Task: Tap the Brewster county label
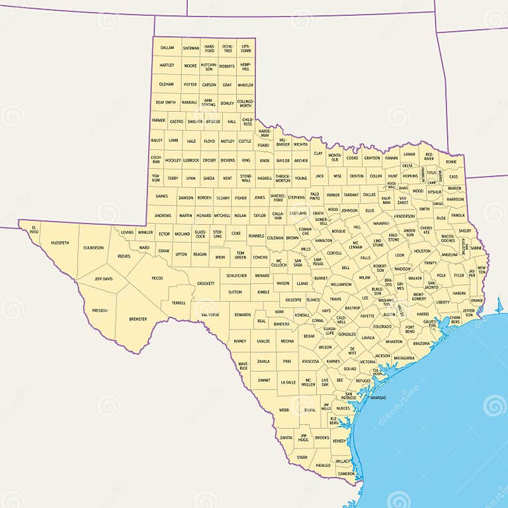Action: (138, 319)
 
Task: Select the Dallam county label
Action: (167, 48)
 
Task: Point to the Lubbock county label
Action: (191, 160)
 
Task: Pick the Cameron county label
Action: (345, 474)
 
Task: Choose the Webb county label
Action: (284, 410)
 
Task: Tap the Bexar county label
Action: (309, 336)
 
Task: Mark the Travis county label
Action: (336, 299)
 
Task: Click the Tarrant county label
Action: (351, 195)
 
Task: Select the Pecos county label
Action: (157, 278)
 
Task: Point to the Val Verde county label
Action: (210, 314)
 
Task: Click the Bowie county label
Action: (451, 161)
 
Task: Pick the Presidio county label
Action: (100, 310)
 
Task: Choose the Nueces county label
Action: (343, 408)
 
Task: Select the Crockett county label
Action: (206, 283)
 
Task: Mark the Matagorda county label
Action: (403, 358)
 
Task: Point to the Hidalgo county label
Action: (323, 465)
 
